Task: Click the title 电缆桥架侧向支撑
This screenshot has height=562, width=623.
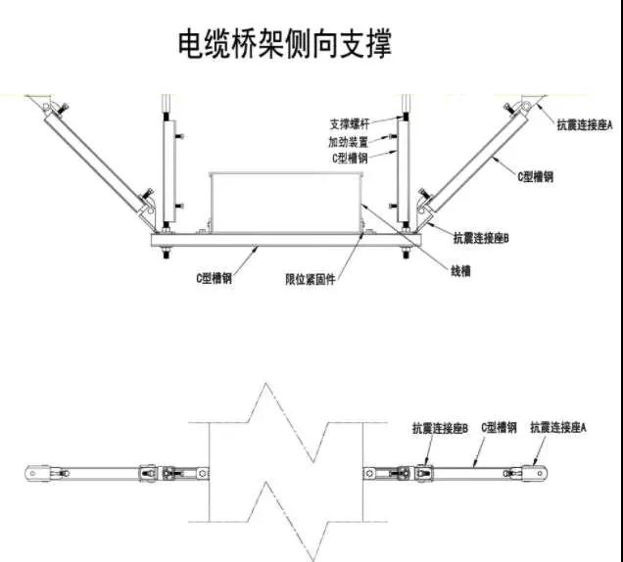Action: (x=284, y=43)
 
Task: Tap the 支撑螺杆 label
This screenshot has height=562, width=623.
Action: (x=350, y=124)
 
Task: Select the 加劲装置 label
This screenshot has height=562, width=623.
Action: (x=348, y=141)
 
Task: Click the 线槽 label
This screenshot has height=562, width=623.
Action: (x=461, y=271)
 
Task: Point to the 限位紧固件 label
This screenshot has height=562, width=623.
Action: (x=311, y=279)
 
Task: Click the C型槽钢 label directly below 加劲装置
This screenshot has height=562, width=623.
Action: (x=350, y=158)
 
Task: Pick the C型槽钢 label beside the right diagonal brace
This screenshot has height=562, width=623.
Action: (x=535, y=176)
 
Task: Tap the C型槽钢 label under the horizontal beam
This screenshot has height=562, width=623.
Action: (x=214, y=278)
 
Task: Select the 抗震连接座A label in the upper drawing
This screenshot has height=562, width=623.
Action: (x=585, y=125)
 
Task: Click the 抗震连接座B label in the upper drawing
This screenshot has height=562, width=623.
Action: (x=481, y=238)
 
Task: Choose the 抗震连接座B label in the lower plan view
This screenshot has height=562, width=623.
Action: (x=440, y=428)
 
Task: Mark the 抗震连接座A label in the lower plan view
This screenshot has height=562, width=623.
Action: (x=558, y=427)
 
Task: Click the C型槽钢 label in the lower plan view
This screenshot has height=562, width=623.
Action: (x=499, y=427)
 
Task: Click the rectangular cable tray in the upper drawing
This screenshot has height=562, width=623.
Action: (x=286, y=203)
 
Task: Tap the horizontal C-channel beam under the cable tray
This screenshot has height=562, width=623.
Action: (x=286, y=240)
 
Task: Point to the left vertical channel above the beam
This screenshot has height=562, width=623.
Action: (x=169, y=171)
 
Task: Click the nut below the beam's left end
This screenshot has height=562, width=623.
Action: (x=167, y=253)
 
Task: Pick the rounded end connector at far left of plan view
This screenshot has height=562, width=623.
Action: (x=37, y=474)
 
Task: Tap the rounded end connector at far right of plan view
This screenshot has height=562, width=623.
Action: (x=536, y=473)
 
